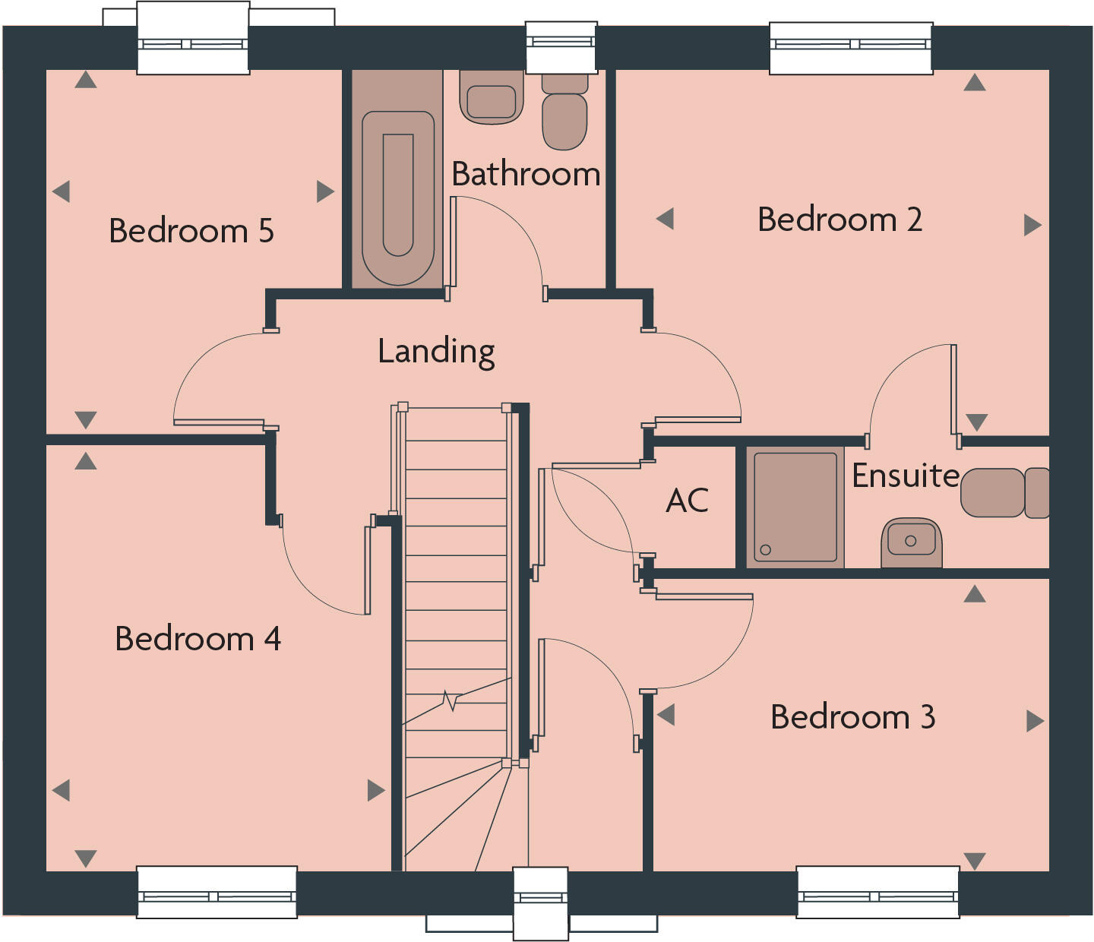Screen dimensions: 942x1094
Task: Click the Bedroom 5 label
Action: click(191, 231)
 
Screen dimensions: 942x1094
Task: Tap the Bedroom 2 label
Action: click(839, 220)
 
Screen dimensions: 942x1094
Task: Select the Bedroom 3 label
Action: click(852, 717)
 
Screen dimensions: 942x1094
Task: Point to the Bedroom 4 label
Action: click(198, 639)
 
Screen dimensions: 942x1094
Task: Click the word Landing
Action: click(436, 351)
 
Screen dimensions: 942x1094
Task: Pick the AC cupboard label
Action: click(687, 501)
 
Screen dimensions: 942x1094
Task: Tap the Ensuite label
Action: click(906, 476)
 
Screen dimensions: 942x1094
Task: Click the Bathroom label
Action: click(526, 174)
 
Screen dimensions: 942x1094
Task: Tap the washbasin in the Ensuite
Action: click(911, 541)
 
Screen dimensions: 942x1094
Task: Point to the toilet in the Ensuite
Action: click(1003, 493)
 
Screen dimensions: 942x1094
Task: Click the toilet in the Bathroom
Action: click(564, 114)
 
